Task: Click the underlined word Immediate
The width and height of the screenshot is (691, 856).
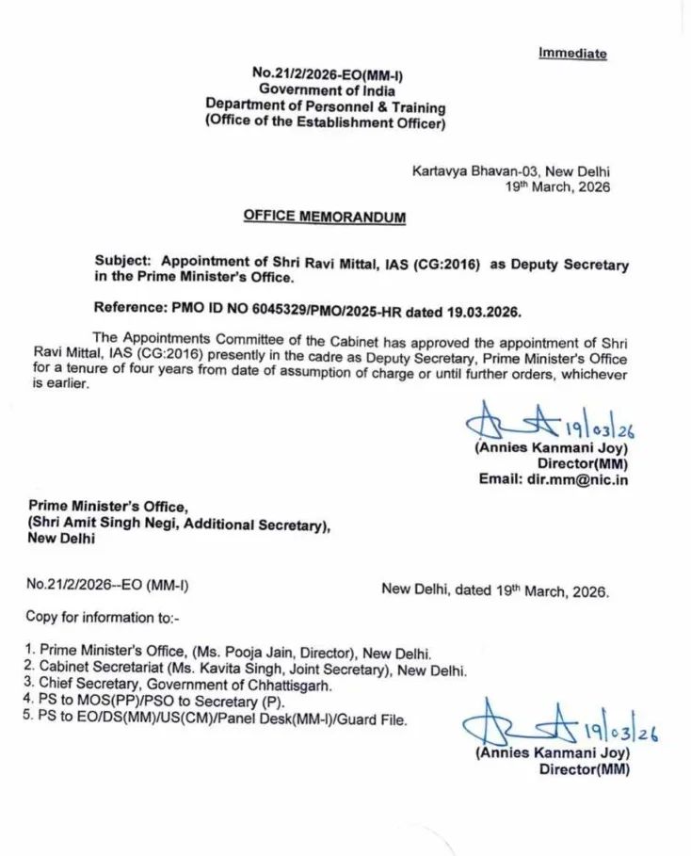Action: click(572, 54)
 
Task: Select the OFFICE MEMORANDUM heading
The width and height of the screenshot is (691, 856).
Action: click(325, 216)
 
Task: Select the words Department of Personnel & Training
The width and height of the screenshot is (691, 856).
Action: click(326, 107)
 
